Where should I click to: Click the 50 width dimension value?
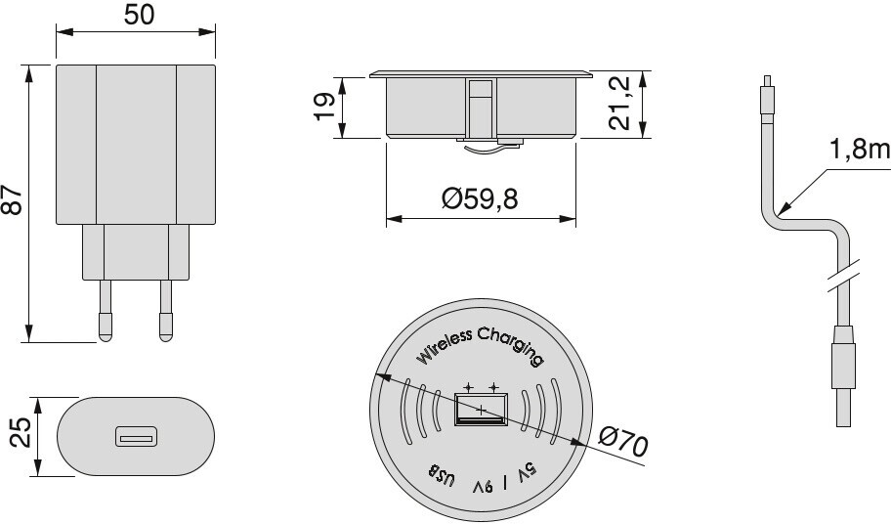point(139,16)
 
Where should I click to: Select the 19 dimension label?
point(324,107)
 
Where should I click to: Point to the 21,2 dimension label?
point(618,103)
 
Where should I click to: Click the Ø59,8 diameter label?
point(480,198)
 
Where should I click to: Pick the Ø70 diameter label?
point(623,442)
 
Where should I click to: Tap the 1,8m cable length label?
point(859,150)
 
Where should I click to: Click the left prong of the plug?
point(106,310)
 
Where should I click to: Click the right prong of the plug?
point(166,310)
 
